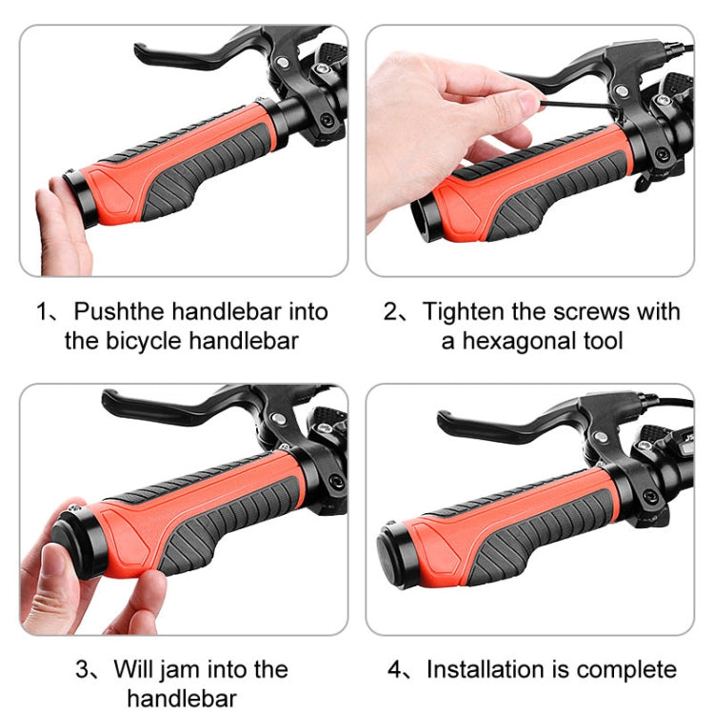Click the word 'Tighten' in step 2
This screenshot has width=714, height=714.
(464, 312)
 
